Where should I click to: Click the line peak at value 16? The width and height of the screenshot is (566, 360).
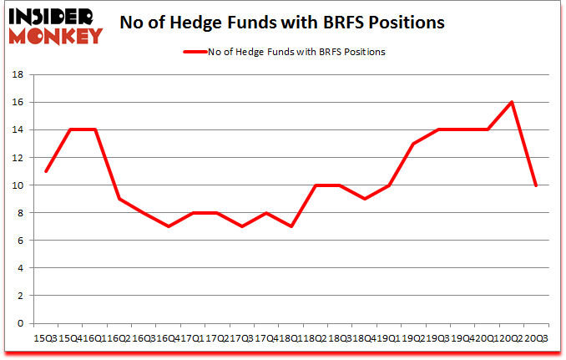[511, 102]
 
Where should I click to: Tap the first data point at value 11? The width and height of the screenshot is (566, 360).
[45, 171]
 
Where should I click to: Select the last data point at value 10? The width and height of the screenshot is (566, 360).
[535, 185]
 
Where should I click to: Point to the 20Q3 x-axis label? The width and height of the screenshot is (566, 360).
[537, 337]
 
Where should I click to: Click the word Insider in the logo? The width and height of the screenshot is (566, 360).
[51, 15]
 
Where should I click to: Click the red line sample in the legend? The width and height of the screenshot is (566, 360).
[191, 51]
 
